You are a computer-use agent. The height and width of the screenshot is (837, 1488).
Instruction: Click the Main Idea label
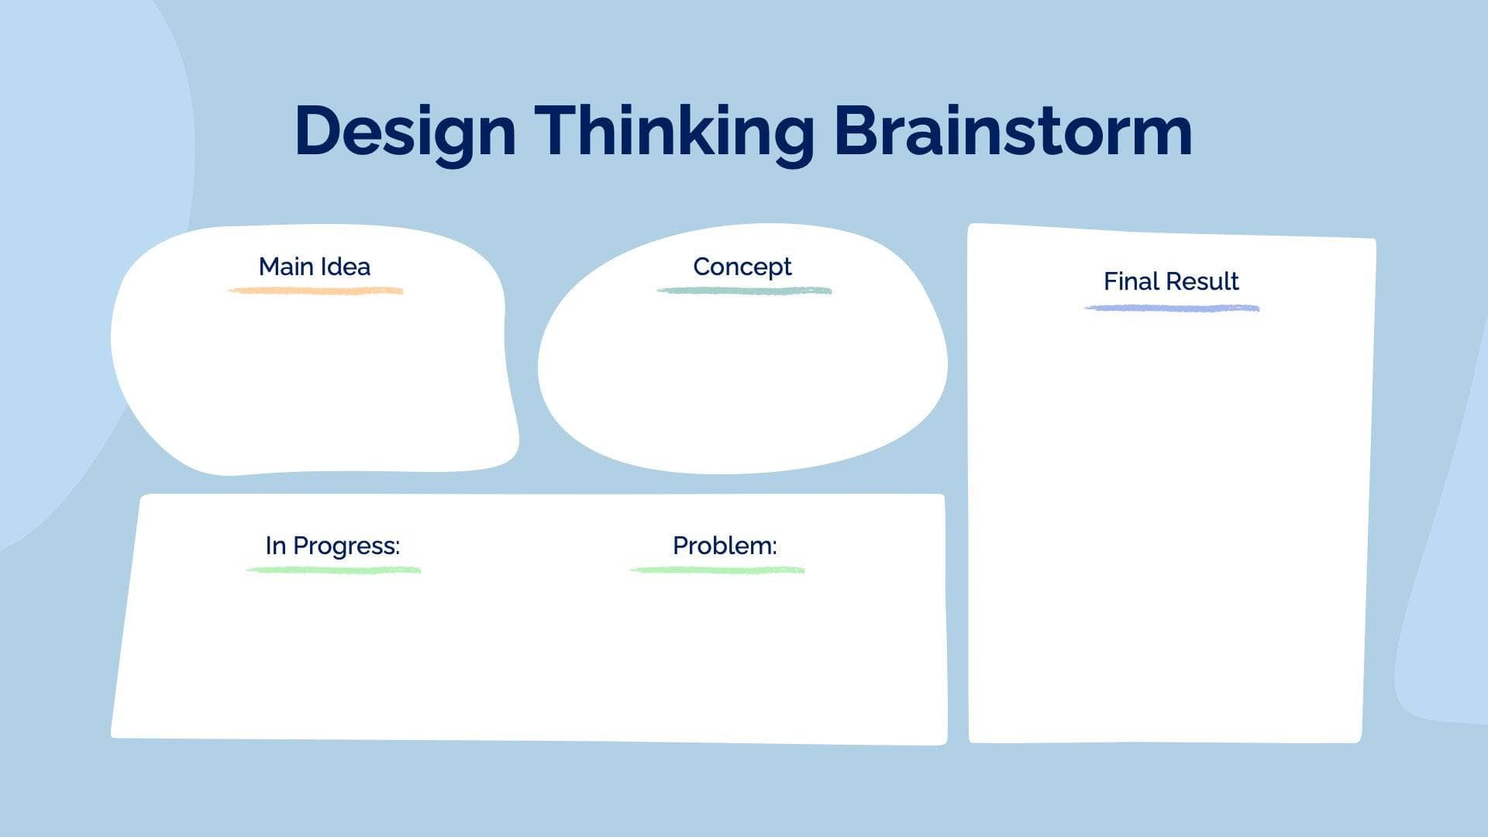(x=315, y=267)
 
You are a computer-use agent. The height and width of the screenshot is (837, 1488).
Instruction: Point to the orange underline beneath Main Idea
(x=315, y=291)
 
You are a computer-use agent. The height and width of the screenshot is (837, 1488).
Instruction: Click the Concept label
(x=742, y=267)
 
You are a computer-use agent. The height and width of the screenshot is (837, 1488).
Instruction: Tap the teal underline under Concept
(x=744, y=291)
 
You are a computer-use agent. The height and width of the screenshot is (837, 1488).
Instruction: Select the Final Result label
(x=1171, y=281)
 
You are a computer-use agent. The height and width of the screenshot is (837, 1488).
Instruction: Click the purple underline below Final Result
(x=1171, y=308)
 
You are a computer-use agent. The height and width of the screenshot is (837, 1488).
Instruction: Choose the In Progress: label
(x=332, y=546)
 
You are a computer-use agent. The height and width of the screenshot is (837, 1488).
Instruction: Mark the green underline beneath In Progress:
(x=333, y=570)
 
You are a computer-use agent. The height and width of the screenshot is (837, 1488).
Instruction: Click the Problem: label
(x=725, y=546)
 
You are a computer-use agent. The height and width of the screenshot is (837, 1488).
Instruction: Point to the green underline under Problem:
(x=718, y=570)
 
